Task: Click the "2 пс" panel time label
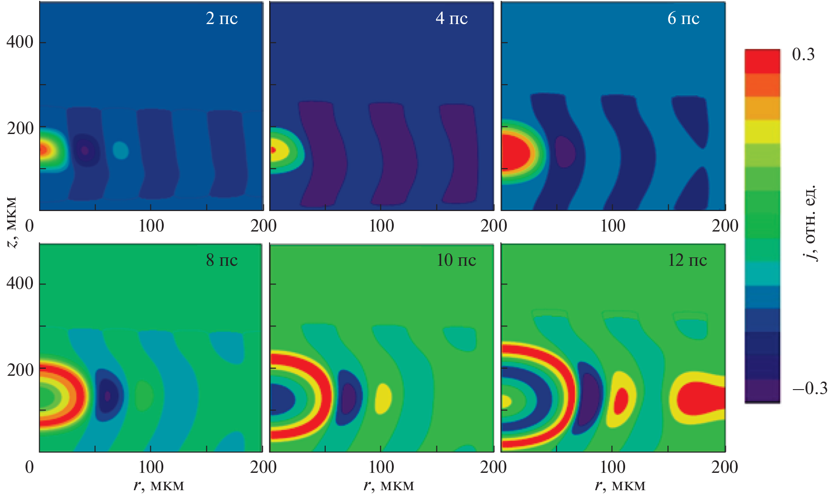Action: [222, 18]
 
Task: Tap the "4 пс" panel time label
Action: [452, 18]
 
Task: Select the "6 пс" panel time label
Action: [683, 18]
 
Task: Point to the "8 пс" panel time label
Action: [222, 260]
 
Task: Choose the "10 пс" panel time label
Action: [456, 260]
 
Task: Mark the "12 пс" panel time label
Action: [687, 260]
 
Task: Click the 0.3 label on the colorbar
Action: [803, 54]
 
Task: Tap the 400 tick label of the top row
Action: [20, 42]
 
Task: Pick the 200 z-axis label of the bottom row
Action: [20, 370]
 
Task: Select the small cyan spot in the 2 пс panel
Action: [121, 150]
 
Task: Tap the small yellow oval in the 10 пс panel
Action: [383, 398]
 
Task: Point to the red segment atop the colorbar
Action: [762, 61]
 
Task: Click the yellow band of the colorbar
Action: [762, 132]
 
